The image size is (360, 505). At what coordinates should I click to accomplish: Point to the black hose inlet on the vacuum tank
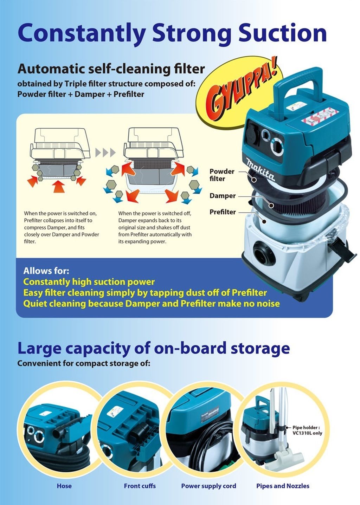click(x=264, y=252)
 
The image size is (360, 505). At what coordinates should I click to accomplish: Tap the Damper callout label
click(x=223, y=196)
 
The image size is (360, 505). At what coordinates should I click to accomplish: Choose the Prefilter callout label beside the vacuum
click(x=223, y=212)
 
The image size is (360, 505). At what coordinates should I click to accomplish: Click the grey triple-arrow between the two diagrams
click(x=105, y=153)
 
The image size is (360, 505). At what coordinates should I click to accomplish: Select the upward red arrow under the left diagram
click(x=59, y=186)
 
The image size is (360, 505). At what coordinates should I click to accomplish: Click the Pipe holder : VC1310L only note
click(x=307, y=430)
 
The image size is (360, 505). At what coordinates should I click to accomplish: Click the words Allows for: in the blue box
click(x=46, y=271)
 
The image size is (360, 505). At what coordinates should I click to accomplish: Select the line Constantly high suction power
click(x=89, y=282)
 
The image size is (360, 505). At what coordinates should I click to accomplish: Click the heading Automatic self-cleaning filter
click(x=111, y=69)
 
